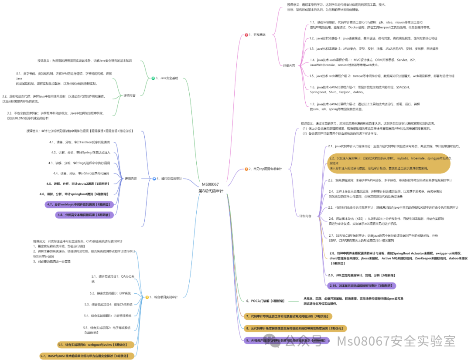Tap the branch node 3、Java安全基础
coord(166,78)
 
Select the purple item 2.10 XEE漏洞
coord(362,285)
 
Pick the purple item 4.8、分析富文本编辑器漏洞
coord(85,214)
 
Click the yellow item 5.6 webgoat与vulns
coord(96,344)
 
